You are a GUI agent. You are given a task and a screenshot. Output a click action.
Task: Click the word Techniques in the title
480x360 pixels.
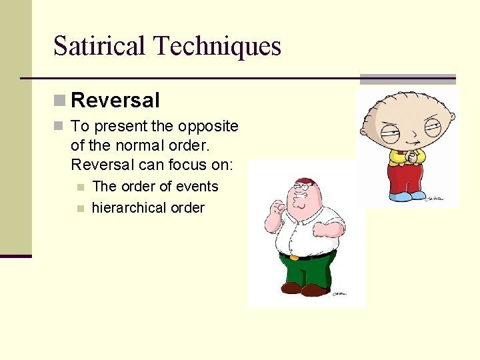point(217,46)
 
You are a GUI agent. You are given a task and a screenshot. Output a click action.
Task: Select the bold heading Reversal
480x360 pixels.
point(115,101)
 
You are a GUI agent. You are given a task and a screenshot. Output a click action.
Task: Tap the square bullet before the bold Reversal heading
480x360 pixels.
point(60,101)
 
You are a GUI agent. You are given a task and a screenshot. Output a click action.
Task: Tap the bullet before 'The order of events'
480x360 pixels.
point(81,187)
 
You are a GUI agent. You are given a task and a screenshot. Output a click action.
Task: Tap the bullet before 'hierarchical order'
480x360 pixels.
point(81,209)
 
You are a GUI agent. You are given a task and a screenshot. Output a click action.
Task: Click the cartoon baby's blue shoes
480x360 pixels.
point(407,197)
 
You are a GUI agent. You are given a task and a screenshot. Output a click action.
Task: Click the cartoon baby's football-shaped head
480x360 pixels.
point(406,120)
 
